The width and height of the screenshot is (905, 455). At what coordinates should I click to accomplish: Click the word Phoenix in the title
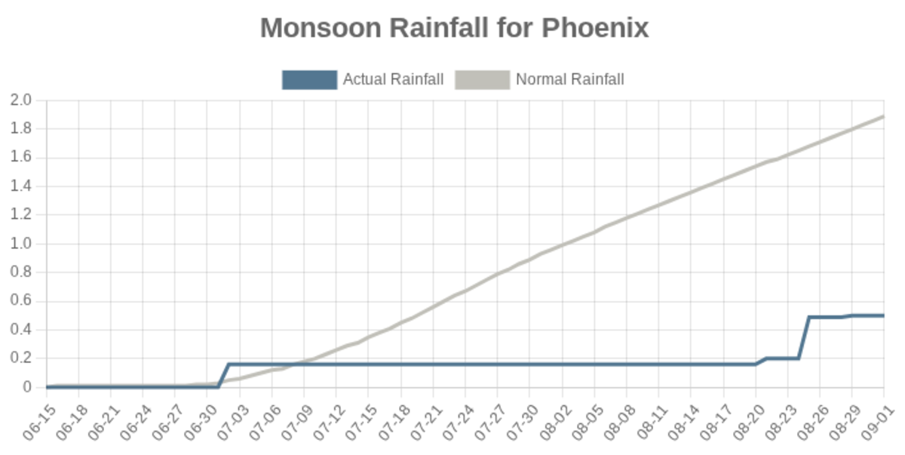pos(595,28)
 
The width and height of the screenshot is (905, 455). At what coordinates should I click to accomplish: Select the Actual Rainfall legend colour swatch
pos(309,79)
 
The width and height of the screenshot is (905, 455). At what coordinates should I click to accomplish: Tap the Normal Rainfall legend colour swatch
pos(483,79)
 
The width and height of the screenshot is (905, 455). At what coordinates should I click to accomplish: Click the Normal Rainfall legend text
pos(569,79)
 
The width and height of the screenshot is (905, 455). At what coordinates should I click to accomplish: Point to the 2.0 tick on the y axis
pos(21,100)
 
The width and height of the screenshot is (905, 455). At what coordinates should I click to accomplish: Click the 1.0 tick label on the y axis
pos(21,244)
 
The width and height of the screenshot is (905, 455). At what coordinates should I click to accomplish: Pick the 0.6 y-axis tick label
pos(21,301)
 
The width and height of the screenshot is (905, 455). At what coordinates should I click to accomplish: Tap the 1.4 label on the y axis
pos(21,186)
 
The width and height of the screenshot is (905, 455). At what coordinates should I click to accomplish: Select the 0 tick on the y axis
pos(29,387)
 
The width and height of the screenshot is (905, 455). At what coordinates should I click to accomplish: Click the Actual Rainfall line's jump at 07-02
pos(224,375)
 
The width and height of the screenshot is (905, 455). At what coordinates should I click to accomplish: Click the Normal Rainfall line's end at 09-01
pos(883,116)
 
